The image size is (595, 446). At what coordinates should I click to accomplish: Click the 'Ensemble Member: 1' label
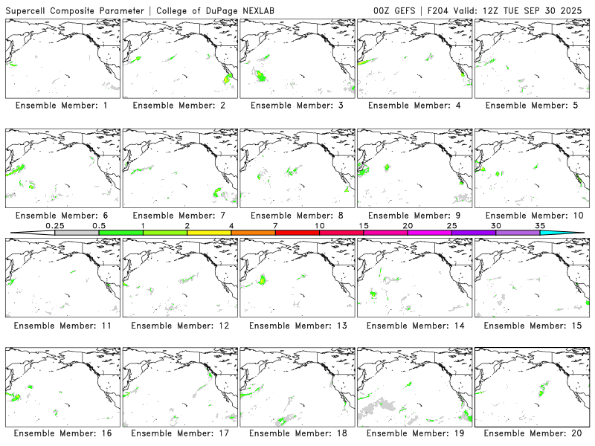coord(61,106)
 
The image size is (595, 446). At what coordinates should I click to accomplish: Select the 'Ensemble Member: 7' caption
coord(178,216)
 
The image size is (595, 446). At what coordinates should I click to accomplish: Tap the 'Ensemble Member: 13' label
coord(297,326)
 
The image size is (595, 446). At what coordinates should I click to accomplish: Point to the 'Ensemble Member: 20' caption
coord(532,433)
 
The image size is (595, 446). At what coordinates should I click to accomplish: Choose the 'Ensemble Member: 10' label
coord(532,216)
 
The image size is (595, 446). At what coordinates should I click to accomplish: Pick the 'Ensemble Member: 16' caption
coord(61,433)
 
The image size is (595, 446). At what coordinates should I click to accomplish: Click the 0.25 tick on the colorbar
coord(54,225)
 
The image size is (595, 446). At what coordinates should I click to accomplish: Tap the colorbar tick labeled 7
coord(275,225)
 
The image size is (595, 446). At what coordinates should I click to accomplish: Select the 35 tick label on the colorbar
coord(540,225)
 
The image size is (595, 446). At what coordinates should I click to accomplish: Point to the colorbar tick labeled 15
coord(364,225)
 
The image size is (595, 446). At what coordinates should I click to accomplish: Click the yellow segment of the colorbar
coord(209,233)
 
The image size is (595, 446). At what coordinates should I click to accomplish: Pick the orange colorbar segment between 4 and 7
coord(253,233)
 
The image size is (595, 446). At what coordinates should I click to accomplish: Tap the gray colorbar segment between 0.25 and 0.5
coord(77,233)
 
